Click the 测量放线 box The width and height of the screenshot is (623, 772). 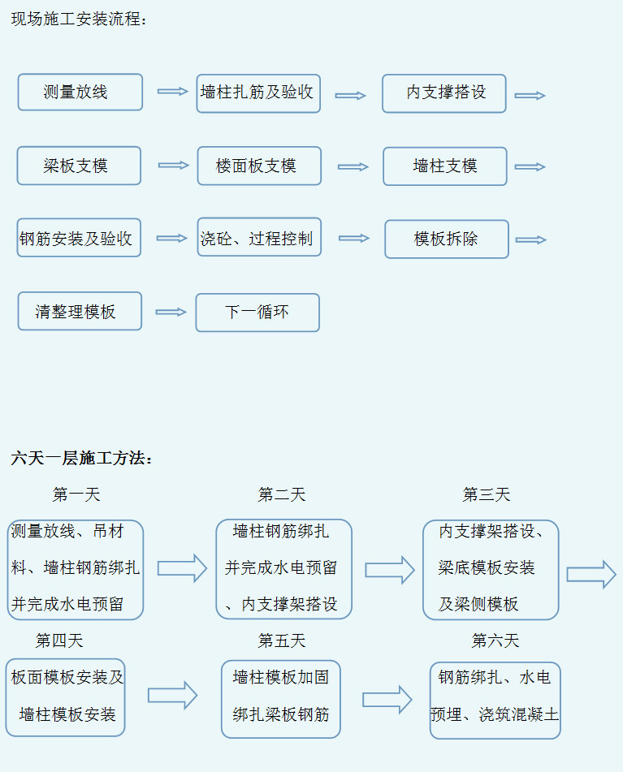point(80,92)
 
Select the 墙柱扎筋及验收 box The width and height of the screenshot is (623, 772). point(258,93)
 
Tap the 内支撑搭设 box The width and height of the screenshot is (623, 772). point(444,93)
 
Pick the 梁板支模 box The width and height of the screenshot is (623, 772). point(79,166)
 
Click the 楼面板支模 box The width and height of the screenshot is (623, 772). point(260,166)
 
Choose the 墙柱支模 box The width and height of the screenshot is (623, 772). point(445,166)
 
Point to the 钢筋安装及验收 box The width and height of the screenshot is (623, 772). point(79,238)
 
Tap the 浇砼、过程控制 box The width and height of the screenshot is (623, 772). point(260,237)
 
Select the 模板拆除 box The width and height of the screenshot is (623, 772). point(447,239)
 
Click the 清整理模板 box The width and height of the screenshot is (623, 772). point(80,311)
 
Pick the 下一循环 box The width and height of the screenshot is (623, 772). point(257,313)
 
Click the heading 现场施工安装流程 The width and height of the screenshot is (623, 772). point(79,19)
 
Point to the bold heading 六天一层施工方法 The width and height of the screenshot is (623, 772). point(81,458)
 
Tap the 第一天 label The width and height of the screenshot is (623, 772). point(76,494)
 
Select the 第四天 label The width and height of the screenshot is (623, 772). point(59,640)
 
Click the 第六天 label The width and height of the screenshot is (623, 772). point(495,640)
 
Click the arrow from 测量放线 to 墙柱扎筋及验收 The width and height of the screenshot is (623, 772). point(173,91)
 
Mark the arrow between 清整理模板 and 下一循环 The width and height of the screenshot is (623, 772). point(171,313)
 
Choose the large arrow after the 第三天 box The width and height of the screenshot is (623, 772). point(591,574)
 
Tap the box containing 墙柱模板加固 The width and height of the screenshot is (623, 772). point(281,699)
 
